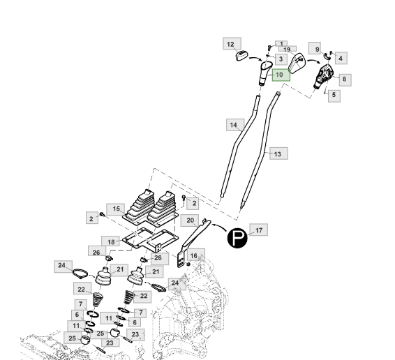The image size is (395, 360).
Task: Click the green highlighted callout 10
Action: click(x=281, y=75)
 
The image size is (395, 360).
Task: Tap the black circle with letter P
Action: click(x=237, y=238)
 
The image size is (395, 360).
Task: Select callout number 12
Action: click(x=232, y=43)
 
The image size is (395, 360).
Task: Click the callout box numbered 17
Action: click(x=259, y=230)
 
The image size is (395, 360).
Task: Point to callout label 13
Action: click(x=278, y=153)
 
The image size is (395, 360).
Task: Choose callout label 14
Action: click(x=235, y=125)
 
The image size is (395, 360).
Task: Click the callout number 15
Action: click(x=116, y=209)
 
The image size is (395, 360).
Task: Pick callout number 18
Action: click(x=110, y=242)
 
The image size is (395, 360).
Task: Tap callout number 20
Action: click(x=190, y=220)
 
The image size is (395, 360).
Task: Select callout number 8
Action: click(x=345, y=80)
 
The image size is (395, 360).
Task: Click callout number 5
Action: click(x=334, y=95)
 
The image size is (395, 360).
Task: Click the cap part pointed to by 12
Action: click(x=241, y=56)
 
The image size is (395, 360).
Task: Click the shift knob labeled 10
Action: click(x=265, y=73)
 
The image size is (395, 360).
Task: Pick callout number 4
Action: click(x=341, y=58)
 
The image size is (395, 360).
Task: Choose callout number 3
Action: click(x=281, y=59)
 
